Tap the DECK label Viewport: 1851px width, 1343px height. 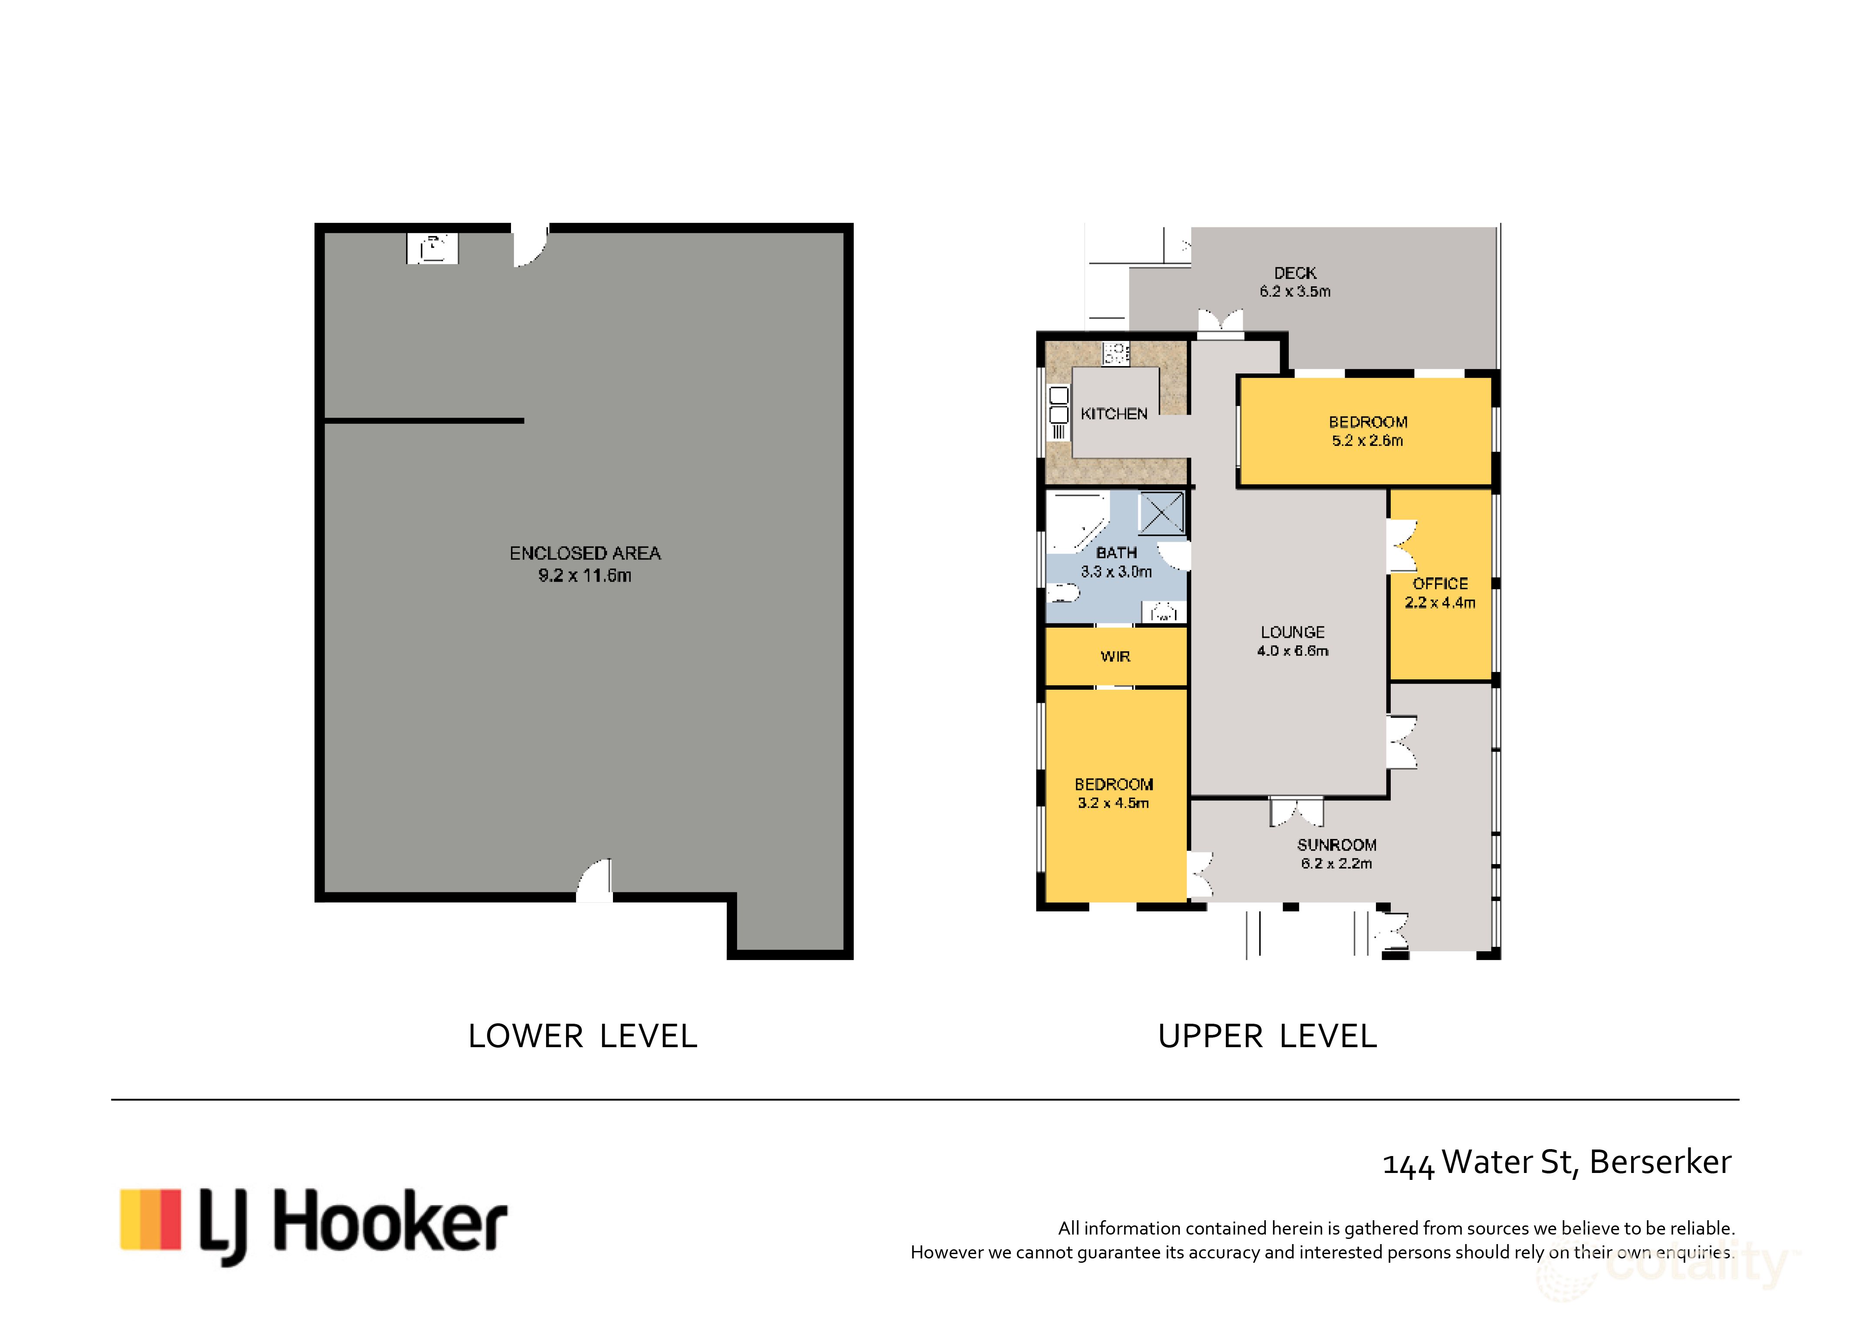point(1295,272)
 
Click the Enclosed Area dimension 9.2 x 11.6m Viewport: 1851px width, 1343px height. point(584,575)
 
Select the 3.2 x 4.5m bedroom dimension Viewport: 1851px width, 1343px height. point(1113,803)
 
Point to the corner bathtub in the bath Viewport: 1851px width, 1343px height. point(1076,522)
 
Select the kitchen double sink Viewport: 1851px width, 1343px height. point(1058,405)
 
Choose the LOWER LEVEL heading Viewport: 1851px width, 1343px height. point(583,1036)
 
